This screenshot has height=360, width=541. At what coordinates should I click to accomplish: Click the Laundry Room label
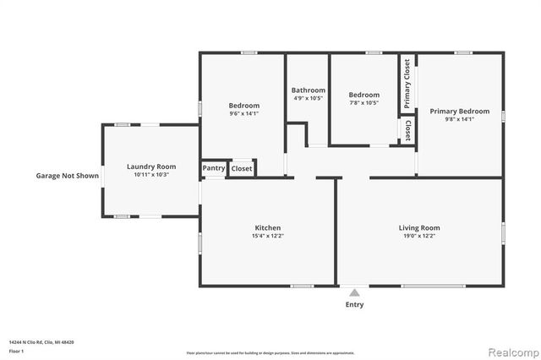[x=151, y=166]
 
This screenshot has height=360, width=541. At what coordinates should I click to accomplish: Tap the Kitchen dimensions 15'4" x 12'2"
[x=268, y=236]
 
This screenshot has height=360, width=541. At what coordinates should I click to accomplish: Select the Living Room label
[x=419, y=227]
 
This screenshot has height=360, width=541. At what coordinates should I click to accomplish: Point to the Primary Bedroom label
[x=459, y=112]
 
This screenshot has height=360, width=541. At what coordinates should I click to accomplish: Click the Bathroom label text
[x=308, y=90]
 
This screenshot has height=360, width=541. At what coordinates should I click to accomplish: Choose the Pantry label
[x=214, y=168]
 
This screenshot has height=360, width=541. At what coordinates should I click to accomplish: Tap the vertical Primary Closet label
[x=407, y=84]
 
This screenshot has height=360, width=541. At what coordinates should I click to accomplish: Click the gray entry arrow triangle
[x=355, y=292]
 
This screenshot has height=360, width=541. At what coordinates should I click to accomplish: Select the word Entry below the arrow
[x=355, y=304]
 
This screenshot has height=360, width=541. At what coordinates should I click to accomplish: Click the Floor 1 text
[x=15, y=351]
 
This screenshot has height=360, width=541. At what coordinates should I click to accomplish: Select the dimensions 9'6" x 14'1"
[x=243, y=113]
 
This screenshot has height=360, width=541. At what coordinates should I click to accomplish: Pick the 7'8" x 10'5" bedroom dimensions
[x=364, y=103]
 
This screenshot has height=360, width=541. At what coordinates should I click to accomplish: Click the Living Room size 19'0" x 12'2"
[x=419, y=236]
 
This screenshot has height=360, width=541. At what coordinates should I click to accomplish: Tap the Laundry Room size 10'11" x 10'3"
[x=151, y=175]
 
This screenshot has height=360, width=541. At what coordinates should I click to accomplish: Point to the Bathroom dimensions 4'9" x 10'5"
[x=308, y=99]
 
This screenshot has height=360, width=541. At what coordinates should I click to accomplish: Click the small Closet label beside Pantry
[x=242, y=168]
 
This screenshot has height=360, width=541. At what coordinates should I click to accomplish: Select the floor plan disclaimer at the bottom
[x=270, y=352]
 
